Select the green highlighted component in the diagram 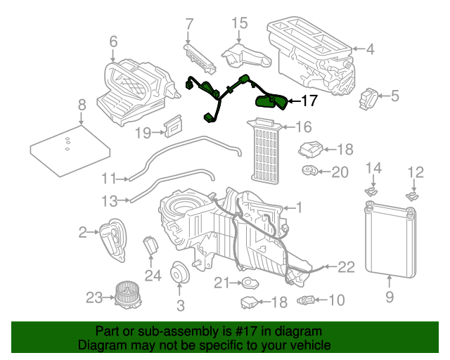[x=270, y=102]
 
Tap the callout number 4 [x=370, y=49]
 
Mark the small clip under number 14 [x=373, y=191]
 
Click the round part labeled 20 [x=309, y=171]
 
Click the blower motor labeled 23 [x=127, y=297]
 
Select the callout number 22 [x=346, y=266]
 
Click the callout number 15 [x=240, y=22]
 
